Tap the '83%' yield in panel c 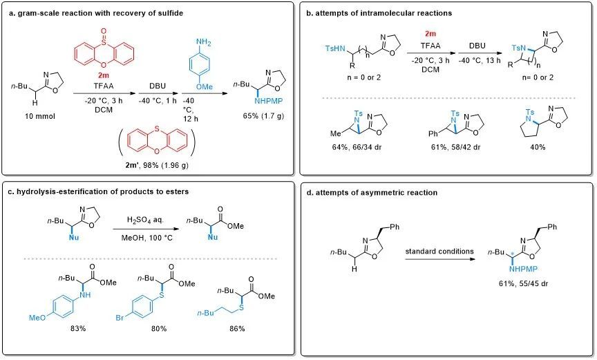pyautogui.click(x=77, y=328)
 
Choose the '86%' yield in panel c pyautogui.click(x=237, y=328)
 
